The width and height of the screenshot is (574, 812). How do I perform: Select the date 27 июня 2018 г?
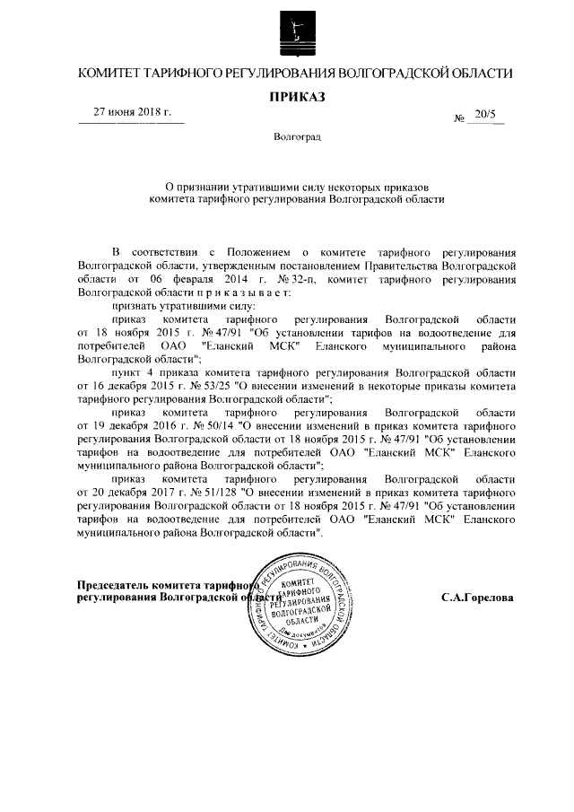pyautogui.click(x=133, y=112)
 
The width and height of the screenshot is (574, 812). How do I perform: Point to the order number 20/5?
pyautogui.click(x=487, y=115)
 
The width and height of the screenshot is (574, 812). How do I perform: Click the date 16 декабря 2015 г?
pyautogui.click(x=129, y=384)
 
